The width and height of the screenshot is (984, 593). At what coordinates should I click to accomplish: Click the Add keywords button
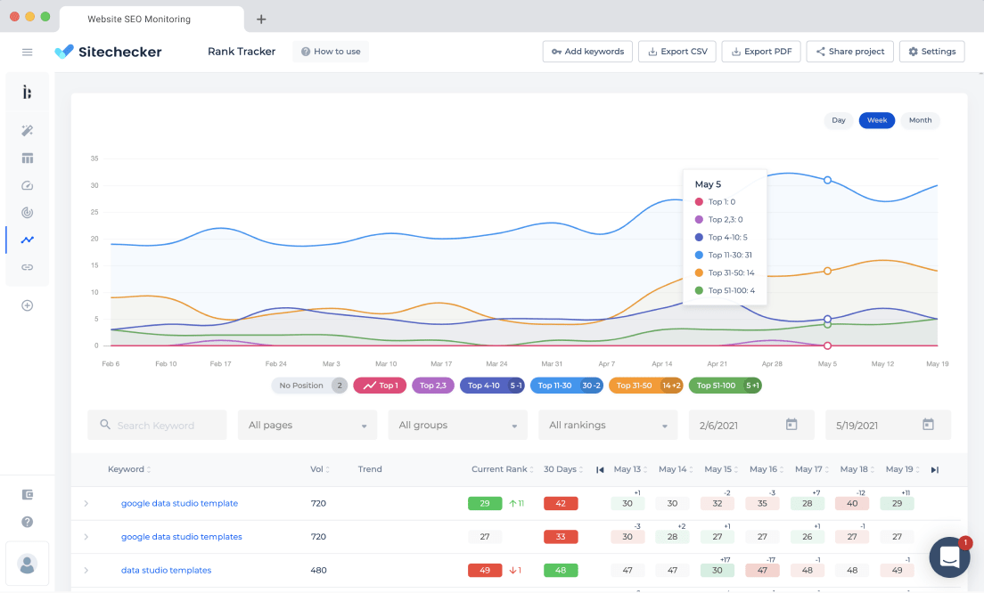[587, 52]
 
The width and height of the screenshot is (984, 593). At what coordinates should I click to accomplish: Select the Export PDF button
[761, 52]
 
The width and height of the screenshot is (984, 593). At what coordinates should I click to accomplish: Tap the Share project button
[849, 52]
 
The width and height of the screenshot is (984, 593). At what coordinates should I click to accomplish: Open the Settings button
[932, 52]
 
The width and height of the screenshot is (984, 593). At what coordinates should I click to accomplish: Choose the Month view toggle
[920, 120]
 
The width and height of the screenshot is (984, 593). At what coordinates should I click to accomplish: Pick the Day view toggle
[839, 120]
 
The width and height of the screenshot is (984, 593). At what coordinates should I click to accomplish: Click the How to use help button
[331, 52]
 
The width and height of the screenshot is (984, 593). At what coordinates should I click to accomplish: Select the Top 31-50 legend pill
[645, 386]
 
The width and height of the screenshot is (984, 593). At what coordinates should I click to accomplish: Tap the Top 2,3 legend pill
[433, 386]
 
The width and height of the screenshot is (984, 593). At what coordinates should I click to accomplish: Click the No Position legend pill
[309, 386]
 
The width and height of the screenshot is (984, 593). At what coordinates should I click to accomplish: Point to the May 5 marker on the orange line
[827, 271]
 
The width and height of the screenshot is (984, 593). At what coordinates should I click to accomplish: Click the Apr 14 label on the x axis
[661, 363]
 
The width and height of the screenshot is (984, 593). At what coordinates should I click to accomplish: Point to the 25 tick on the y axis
[94, 212]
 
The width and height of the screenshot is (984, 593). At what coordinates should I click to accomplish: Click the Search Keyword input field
[157, 425]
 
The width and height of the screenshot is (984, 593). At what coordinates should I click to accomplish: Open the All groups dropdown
[457, 425]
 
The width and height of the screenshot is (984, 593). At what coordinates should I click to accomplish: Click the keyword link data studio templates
[166, 570]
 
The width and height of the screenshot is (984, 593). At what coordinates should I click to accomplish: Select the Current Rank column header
[499, 469]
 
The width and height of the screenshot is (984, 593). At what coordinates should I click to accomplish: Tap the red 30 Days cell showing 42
[561, 503]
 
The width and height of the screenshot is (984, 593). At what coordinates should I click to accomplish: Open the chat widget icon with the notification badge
[949, 556]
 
